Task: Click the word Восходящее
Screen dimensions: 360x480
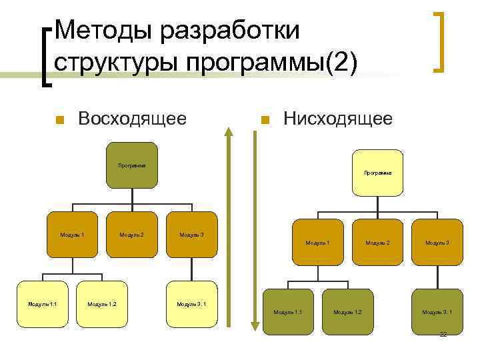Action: (131, 119)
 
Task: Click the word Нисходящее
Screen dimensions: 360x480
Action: (337, 119)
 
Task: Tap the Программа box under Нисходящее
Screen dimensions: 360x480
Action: (377, 173)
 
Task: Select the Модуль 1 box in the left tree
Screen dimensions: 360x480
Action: (72, 235)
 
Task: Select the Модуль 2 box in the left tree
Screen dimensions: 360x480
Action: (131, 235)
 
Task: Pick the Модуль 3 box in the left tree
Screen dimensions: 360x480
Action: (192, 235)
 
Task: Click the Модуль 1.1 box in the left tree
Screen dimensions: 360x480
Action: (42, 304)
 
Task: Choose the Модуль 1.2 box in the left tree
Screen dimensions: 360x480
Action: (102, 304)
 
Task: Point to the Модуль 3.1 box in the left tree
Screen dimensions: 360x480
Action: (191, 304)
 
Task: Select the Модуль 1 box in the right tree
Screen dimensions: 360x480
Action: (317, 243)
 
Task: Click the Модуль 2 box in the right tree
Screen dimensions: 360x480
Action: (377, 243)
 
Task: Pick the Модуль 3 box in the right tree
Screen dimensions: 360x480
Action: (437, 243)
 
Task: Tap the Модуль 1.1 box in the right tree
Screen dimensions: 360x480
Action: (288, 311)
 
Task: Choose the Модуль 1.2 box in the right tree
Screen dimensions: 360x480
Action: (347, 311)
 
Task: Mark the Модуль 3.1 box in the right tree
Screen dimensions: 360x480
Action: (437, 311)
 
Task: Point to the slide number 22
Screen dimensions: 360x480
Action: (443, 334)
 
